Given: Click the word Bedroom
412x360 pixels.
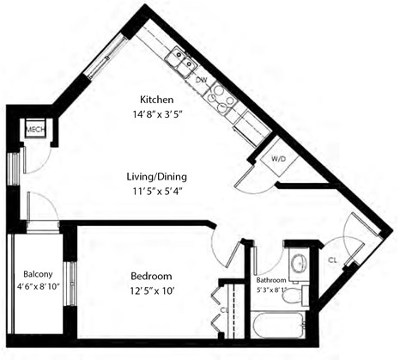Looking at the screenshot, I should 152,276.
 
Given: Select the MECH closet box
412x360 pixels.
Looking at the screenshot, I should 35,131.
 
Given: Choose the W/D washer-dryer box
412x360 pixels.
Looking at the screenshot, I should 279,159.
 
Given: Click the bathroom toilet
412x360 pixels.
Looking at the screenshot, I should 293,295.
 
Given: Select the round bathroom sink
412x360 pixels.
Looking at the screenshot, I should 298,264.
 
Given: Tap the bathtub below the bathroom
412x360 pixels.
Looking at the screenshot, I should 276,326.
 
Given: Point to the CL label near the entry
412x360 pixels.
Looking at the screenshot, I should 332,259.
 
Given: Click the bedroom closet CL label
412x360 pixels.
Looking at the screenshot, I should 223,310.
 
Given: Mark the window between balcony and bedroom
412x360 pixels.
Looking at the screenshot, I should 71,284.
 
